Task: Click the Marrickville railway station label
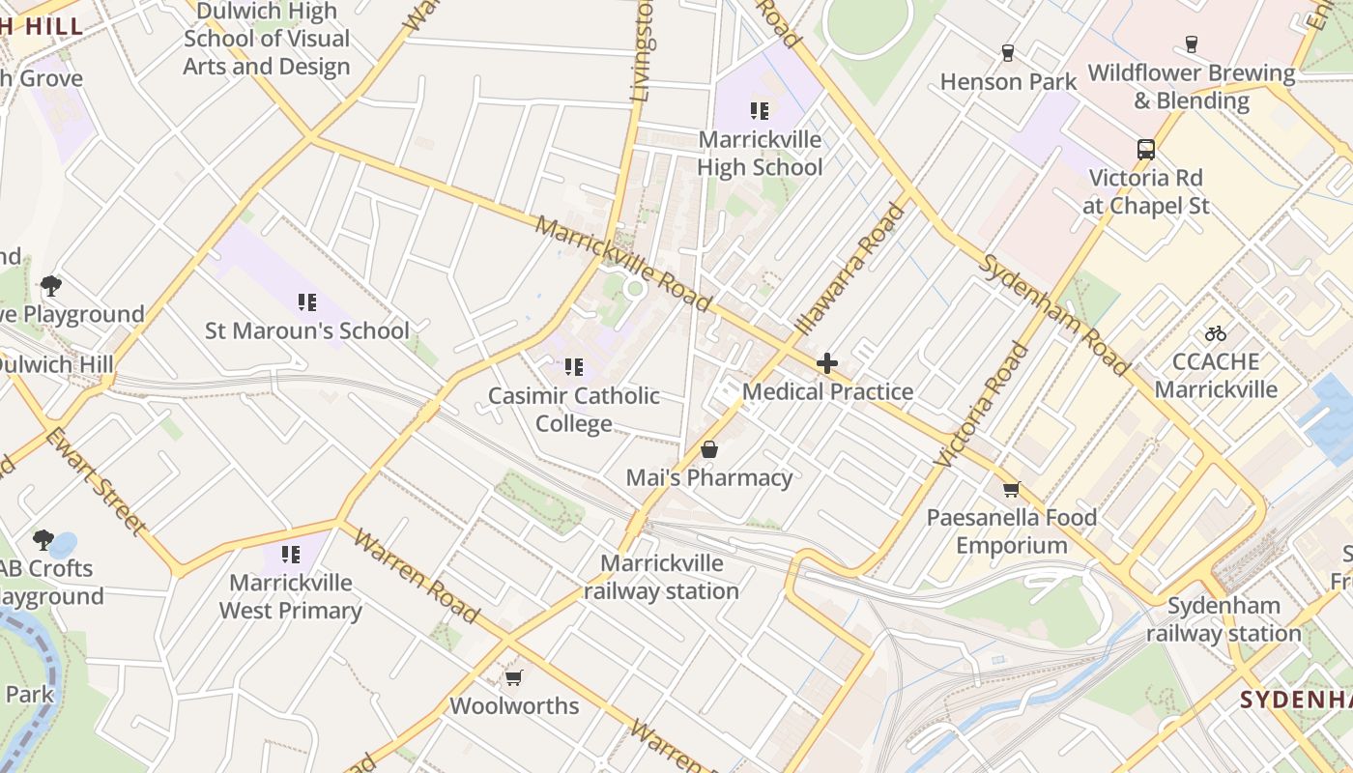coord(661,577)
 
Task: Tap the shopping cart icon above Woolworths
coord(514,677)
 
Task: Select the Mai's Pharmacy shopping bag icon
coord(709,449)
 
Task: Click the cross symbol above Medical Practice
coord(827,363)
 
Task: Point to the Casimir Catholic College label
coord(574,410)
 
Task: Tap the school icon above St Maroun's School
coord(307,302)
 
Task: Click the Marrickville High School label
coord(760,154)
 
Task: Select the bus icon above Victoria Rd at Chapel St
coord(1146,150)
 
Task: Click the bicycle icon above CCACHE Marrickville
coord(1216,333)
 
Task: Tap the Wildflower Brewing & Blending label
coord(1191,87)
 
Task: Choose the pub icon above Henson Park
coord(1008,52)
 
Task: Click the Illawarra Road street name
coord(849,267)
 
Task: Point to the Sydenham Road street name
coord(1052,313)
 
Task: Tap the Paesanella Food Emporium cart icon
coord(1011,489)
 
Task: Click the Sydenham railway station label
coord(1223,619)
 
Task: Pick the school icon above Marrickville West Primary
coord(290,555)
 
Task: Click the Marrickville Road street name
coord(622,264)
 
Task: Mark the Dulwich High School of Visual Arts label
coord(267,39)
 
